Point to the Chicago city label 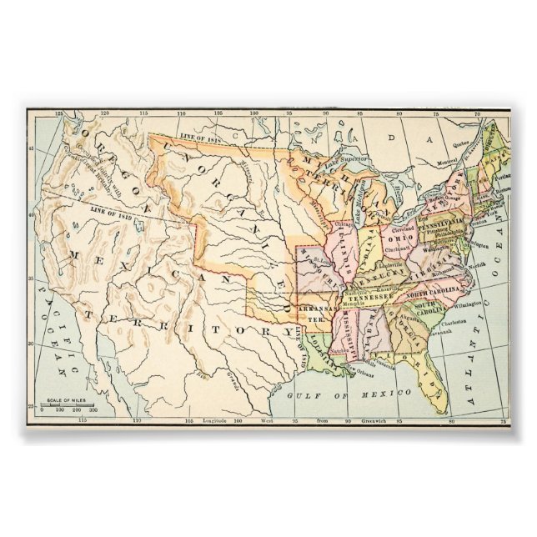[x=342, y=224]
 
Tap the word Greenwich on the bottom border [x=367, y=422]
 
